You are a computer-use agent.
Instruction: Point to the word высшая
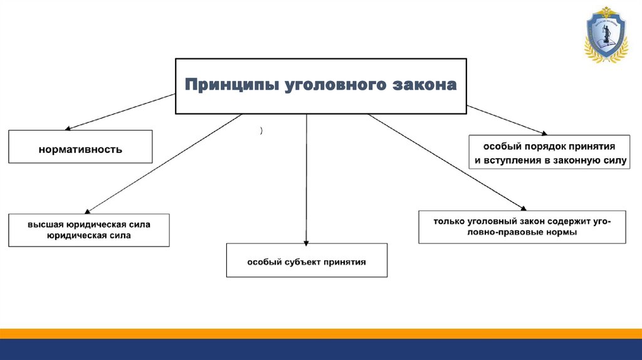41,224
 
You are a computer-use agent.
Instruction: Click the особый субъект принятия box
307,260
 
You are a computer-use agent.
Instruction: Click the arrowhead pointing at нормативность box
68,128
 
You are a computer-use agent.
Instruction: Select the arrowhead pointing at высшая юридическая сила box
87,211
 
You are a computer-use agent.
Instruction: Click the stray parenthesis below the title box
260,130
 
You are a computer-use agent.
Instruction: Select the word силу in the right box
614,161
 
